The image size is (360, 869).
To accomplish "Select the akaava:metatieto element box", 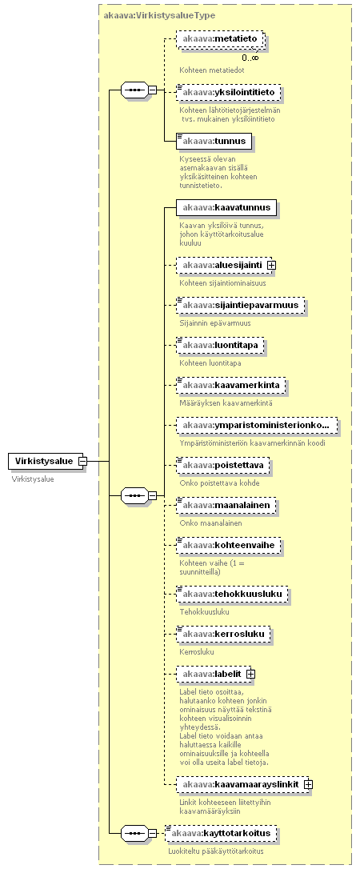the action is point(219,39).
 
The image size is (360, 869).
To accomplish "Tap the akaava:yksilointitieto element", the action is point(229,92).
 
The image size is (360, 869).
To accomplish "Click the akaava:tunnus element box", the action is point(214,142).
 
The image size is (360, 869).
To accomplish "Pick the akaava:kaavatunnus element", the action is point(226,208).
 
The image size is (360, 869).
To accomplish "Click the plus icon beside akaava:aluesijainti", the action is point(271,266).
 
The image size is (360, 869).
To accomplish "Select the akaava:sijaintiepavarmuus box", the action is point(240,305).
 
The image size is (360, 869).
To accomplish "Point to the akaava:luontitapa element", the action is point(221,346).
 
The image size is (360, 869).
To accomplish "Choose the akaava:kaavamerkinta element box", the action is point(231,385).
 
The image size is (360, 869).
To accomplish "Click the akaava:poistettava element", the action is point(222,465).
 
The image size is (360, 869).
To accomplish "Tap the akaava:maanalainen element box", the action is point(226,505).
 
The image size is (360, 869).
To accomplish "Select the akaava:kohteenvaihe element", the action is point(229,546).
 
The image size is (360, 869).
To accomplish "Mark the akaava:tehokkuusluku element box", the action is point(231,594).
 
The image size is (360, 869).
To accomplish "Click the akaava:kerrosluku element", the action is point(223,634).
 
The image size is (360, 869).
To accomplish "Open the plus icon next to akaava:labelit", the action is point(250,674).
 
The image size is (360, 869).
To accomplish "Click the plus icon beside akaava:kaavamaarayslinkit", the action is point(308,784).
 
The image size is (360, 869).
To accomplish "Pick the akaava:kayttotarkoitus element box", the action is point(222,833).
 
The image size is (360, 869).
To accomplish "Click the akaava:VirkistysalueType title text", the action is point(159,15).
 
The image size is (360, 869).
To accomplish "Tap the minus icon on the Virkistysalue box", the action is point(82,461).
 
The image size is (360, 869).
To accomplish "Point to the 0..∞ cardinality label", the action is point(250,57).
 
